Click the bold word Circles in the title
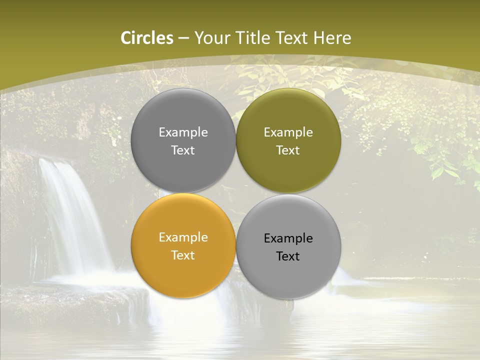[x=146, y=38]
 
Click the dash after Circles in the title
[x=183, y=38]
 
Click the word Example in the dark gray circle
[x=183, y=132]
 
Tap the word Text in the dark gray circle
[x=183, y=150]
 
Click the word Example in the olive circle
[x=288, y=132]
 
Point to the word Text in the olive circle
[x=288, y=150]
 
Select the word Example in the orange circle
[x=183, y=237]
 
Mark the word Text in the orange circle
[x=183, y=255]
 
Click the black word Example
[x=288, y=238]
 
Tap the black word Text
[x=288, y=256]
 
